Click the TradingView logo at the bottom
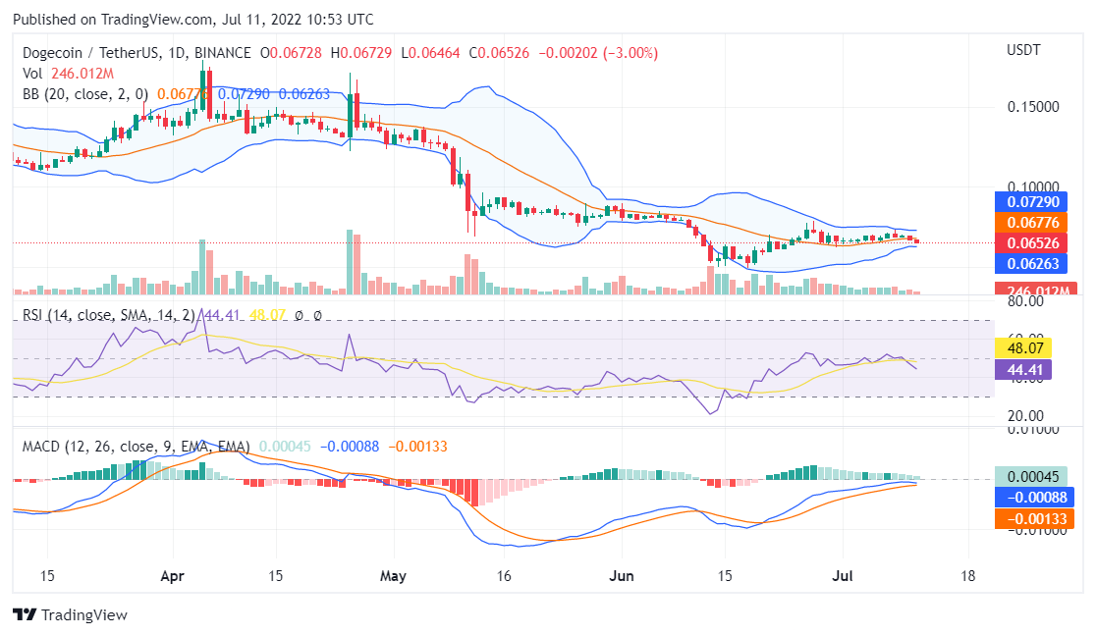tap(70, 615)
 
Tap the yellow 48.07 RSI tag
tap(1023, 347)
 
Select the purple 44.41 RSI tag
tap(1023, 369)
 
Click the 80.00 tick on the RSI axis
tap(1024, 302)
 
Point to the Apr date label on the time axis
tap(174, 575)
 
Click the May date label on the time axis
tap(393, 575)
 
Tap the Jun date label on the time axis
tap(620, 575)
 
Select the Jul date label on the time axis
tap(845, 575)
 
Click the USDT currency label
tap(1024, 50)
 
